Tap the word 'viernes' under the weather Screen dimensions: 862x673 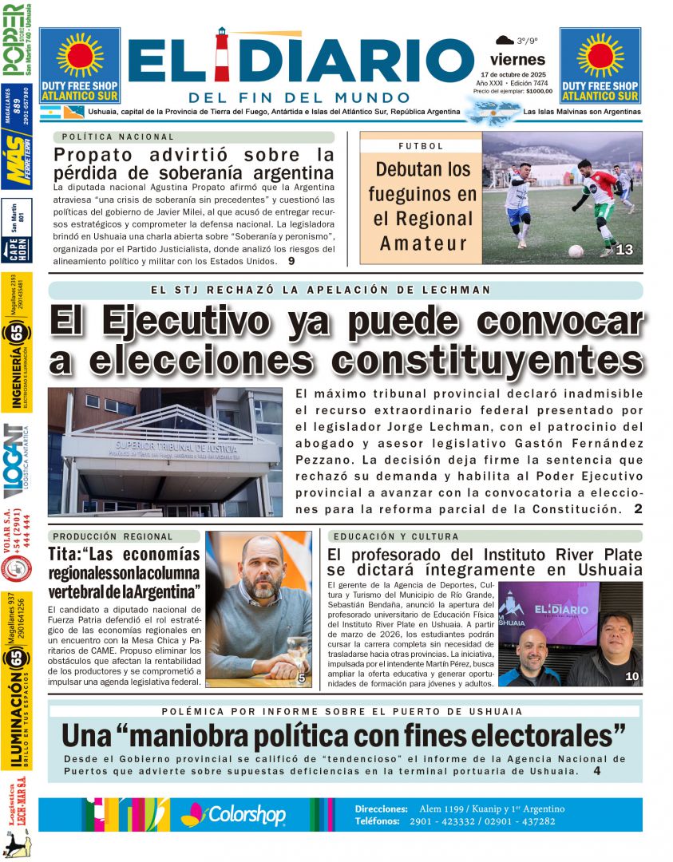tap(517, 59)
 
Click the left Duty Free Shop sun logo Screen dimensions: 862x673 tap(80, 54)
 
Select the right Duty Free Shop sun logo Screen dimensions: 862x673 tap(600, 54)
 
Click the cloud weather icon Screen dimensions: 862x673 tap(505, 40)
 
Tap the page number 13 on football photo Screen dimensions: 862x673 tap(624, 251)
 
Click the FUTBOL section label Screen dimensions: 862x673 tap(421, 147)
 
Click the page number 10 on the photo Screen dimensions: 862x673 tap(631, 677)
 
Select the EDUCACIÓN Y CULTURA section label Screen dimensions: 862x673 tap(395, 536)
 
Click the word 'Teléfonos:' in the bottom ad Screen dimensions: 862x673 tap(380, 820)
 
